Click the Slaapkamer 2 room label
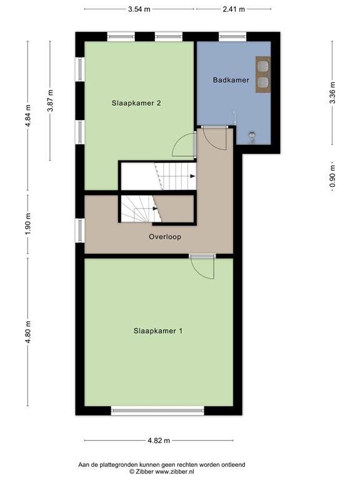pyautogui.click(x=137, y=103)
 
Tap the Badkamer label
pyautogui.click(x=231, y=80)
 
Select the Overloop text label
pyautogui.click(x=165, y=237)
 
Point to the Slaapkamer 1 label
pyautogui.click(x=157, y=331)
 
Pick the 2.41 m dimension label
pyautogui.click(x=234, y=9)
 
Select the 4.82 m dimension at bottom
pyautogui.click(x=159, y=440)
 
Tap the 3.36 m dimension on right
pyautogui.click(x=332, y=92)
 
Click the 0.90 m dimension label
pyautogui.click(x=332, y=176)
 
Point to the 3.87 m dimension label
pyautogui.click(x=51, y=100)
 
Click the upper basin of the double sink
pyautogui.click(x=262, y=64)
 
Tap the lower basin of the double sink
pyautogui.click(x=262, y=81)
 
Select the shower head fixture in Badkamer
pyautogui.click(x=253, y=134)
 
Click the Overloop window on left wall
pyautogui.click(x=79, y=230)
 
